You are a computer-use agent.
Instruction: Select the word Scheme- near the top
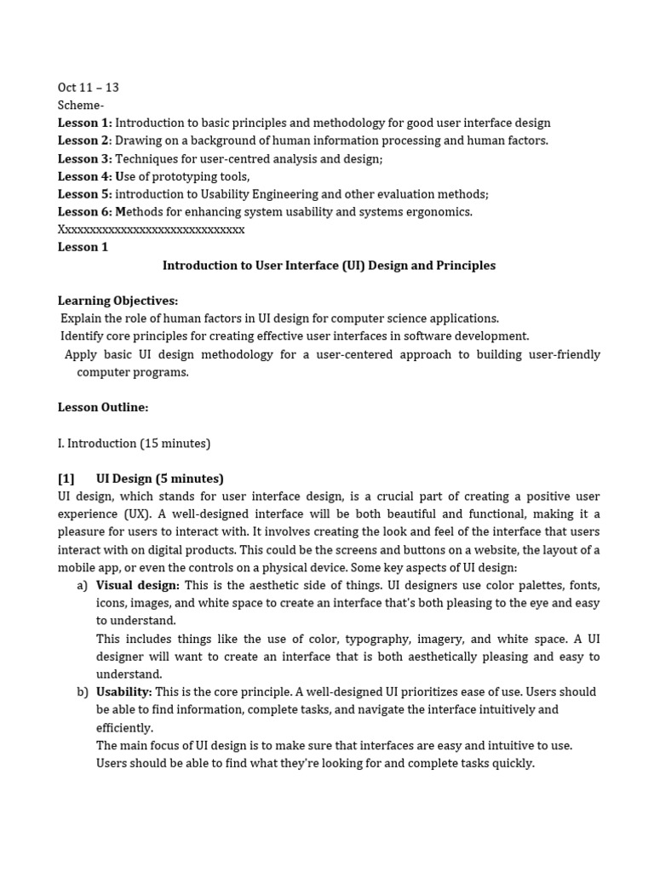[81, 106]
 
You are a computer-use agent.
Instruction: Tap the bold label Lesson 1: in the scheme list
[85, 123]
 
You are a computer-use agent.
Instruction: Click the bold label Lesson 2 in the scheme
[83, 141]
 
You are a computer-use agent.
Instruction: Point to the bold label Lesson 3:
[85, 159]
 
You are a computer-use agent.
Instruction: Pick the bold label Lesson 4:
[85, 177]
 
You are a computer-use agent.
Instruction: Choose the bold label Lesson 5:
[85, 194]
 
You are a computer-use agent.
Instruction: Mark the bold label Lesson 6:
[85, 212]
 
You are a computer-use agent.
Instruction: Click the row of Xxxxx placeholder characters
[151, 230]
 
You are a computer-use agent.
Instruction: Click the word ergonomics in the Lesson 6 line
[439, 212]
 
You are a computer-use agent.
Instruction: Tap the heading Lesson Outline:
[103, 408]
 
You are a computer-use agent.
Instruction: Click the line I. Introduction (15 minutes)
[134, 444]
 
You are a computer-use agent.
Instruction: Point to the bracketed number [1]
[66, 479]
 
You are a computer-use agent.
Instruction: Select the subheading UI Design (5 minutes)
[160, 479]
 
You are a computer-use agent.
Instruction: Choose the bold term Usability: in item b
[123, 692]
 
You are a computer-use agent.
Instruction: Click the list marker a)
[82, 586]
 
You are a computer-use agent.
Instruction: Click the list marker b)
[82, 692]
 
